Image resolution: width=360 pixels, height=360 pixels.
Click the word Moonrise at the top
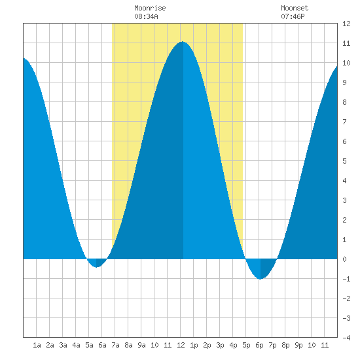[150, 8]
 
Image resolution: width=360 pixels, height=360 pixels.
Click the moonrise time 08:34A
[146, 16]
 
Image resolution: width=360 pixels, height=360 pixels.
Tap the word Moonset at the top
[295, 8]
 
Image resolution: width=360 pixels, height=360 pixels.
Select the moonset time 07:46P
[293, 16]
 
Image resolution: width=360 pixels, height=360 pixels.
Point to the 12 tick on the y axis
[346, 24]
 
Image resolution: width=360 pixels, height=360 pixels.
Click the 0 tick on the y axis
[344, 259]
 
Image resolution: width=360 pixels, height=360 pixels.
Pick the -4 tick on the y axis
[346, 338]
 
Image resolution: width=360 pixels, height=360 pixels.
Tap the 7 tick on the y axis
[344, 122]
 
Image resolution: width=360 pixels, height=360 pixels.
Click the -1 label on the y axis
[346, 279]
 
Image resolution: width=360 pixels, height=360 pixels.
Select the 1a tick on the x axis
[37, 345]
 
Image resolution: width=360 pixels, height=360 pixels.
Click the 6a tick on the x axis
[102, 345]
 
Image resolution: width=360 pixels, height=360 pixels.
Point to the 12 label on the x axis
[181, 345]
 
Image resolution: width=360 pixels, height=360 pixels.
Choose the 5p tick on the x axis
[246, 345]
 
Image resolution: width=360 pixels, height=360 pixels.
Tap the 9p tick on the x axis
[298, 345]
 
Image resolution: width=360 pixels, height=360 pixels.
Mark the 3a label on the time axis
[63, 345]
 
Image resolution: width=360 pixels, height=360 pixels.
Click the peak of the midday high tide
[183, 41]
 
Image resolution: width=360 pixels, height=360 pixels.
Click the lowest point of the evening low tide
[260, 279]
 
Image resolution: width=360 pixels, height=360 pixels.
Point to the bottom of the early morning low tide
[97, 267]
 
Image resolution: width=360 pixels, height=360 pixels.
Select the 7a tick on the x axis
[115, 345]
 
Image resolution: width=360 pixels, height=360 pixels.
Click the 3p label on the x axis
[220, 345]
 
